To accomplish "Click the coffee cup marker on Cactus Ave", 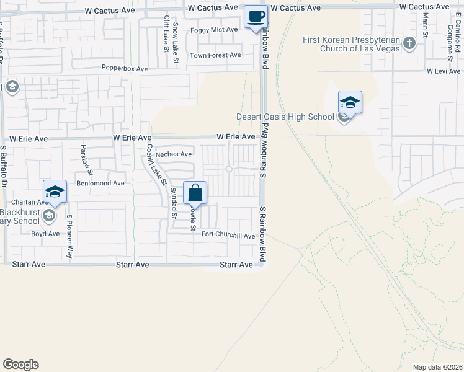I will tap(255, 17).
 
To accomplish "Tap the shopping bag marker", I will tap(195, 193).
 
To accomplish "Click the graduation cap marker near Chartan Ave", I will tap(55, 192).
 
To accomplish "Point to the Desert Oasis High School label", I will tap(285, 117).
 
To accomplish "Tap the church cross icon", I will tap(409, 43).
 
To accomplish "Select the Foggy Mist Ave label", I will tap(215, 30).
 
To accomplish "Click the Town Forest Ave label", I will tap(215, 55).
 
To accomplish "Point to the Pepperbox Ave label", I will tap(125, 69).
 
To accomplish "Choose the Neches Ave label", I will tap(174, 154).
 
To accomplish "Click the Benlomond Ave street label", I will tap(100, 184).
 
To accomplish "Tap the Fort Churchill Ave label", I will tap(228, 236).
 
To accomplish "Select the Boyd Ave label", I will tap(45, 234).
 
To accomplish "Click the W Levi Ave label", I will tap(443, 72).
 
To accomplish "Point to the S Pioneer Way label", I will tap(69, 236).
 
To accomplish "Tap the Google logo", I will tap(20, 365).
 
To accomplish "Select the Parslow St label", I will tap(86, 160).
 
